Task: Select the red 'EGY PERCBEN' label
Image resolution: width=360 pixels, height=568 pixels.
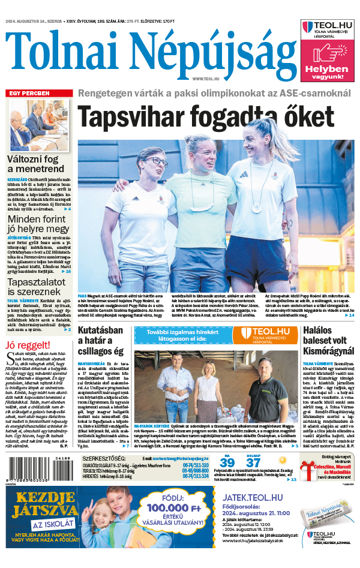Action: (x=28, y=94)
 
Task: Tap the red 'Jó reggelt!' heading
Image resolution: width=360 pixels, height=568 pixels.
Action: (x=28, y=345)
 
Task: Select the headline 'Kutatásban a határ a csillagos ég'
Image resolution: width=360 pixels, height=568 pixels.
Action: (x=101, y=341)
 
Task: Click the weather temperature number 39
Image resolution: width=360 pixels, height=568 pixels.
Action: (x=227, y=462)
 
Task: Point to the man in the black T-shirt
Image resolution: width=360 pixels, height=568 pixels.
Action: (x=266, y=393)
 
